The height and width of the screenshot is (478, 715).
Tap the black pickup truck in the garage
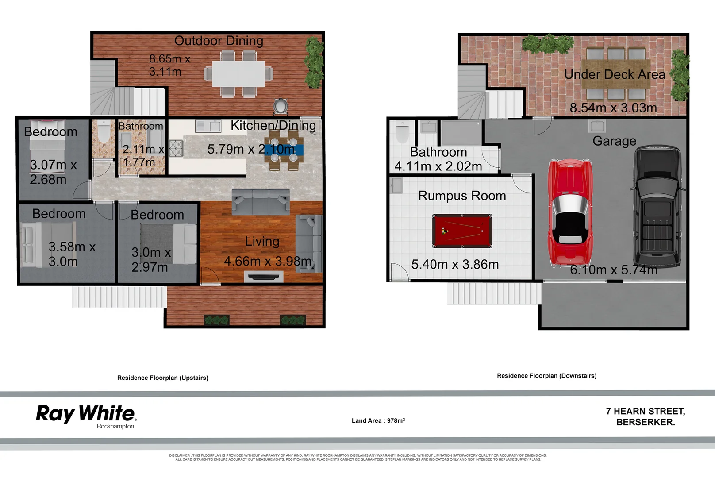coord(657,206)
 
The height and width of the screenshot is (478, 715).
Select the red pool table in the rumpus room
coord(462,231)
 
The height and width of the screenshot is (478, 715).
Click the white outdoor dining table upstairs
coord(238,73)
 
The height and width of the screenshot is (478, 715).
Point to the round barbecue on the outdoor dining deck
coord(281,106)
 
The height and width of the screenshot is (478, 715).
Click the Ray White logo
coord(86,415)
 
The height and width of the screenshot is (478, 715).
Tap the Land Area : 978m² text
coord(378,420)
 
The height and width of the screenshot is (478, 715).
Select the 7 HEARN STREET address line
coord(645,411)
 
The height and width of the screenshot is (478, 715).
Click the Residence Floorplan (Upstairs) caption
coord(162,378)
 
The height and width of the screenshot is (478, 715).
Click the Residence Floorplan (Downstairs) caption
coord(546,376)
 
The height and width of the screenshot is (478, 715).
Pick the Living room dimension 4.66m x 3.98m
coord(267,261)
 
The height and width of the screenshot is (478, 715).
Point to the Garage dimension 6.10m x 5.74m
coord(613,270)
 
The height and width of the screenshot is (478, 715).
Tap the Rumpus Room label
coord(462,196)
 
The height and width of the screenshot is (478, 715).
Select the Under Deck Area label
coord(615,74)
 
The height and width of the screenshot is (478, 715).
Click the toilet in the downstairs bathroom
coord(402,132)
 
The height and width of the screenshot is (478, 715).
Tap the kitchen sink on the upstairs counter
coord(208,126)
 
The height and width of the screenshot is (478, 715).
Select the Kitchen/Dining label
coord(273,126)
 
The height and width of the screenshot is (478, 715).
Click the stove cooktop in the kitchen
coord(176,148)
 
